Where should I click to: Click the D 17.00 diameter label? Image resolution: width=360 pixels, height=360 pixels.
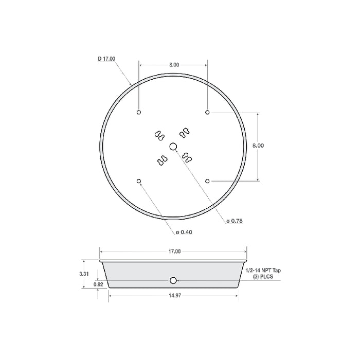point(106,59)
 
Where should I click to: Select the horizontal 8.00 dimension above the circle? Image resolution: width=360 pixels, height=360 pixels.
point(173,65)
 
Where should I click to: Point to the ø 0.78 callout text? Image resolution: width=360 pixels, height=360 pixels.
point(235,221)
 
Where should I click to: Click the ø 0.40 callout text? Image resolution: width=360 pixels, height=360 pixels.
point(184,232)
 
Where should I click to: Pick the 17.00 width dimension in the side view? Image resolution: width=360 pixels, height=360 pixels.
point(174,251)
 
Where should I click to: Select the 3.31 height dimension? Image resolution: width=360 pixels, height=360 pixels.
point(85,274)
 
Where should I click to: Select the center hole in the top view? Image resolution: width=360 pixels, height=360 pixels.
point(173,147)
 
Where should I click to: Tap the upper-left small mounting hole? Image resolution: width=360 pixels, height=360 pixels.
point(139,113)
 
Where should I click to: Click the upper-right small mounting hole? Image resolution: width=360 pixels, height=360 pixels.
point(207,113)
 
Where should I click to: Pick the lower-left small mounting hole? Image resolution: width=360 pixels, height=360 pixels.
point(139,181)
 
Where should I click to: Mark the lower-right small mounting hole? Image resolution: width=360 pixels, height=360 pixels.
point(207,181)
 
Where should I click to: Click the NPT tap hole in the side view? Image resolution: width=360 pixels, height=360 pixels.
point(173,280)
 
